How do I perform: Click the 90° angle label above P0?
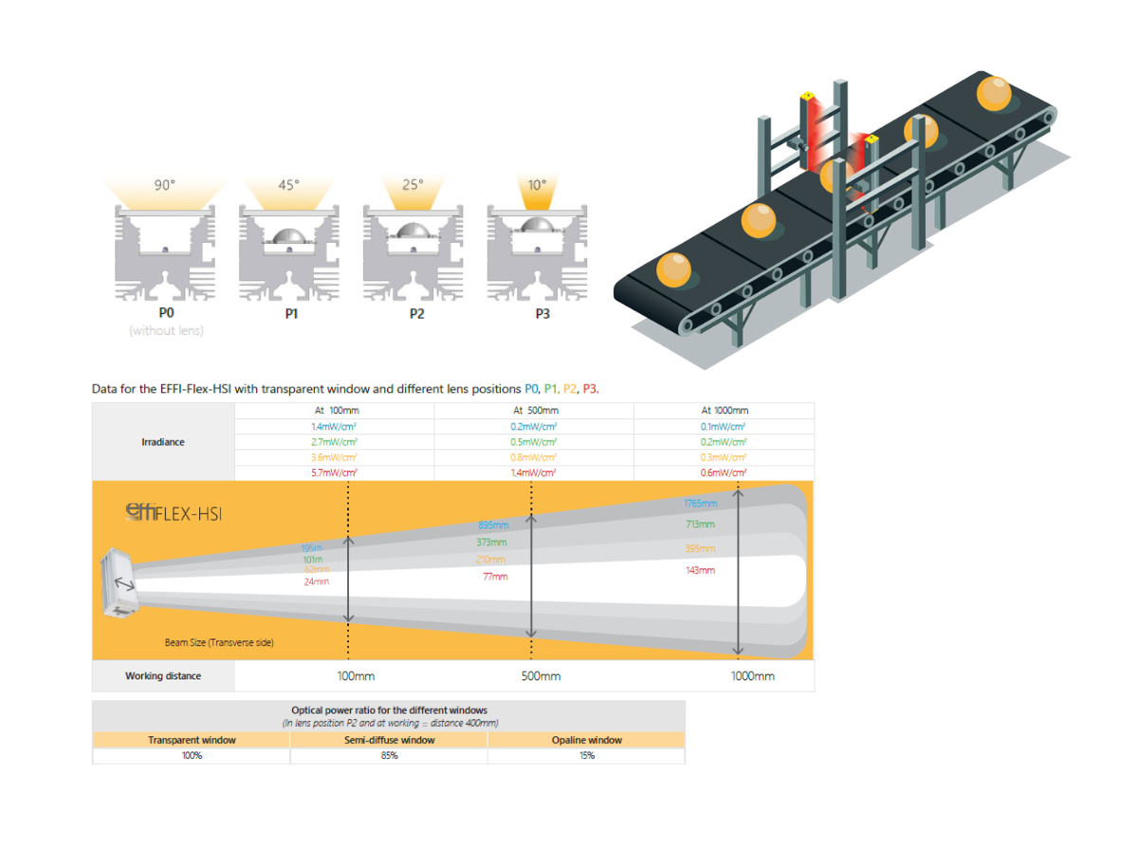click(165, 185)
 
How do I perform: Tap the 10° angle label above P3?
click(538, 185)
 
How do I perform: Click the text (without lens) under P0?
click(166, 331)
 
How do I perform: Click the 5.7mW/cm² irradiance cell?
click(334, 473)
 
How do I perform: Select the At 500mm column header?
click(535, 411)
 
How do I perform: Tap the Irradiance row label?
click(163, 442)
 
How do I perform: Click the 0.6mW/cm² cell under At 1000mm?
click(724, 473)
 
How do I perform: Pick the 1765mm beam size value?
click(700, 503)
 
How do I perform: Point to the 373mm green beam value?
click(491, 543)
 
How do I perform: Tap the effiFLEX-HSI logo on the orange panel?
click(174, 513)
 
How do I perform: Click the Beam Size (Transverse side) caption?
click(219, 642)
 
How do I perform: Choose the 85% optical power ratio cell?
click(389, 755)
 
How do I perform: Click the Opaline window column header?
click(586, 740)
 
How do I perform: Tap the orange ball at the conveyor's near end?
click(673, 269)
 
